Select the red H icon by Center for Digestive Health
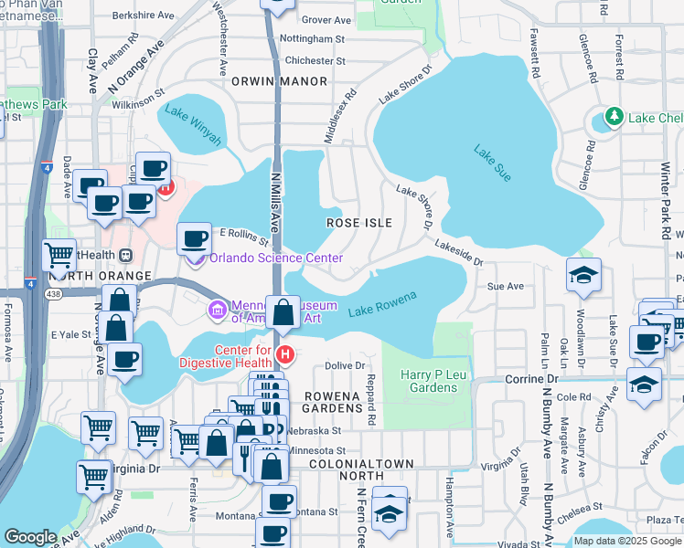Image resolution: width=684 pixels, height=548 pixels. point(284,353)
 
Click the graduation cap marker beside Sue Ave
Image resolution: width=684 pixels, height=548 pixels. point(582,275)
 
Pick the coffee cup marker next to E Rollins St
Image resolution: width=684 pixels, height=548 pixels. point(193,238)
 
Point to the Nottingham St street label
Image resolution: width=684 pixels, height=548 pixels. point(312,39)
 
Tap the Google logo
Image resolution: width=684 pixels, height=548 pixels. point(30,537)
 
